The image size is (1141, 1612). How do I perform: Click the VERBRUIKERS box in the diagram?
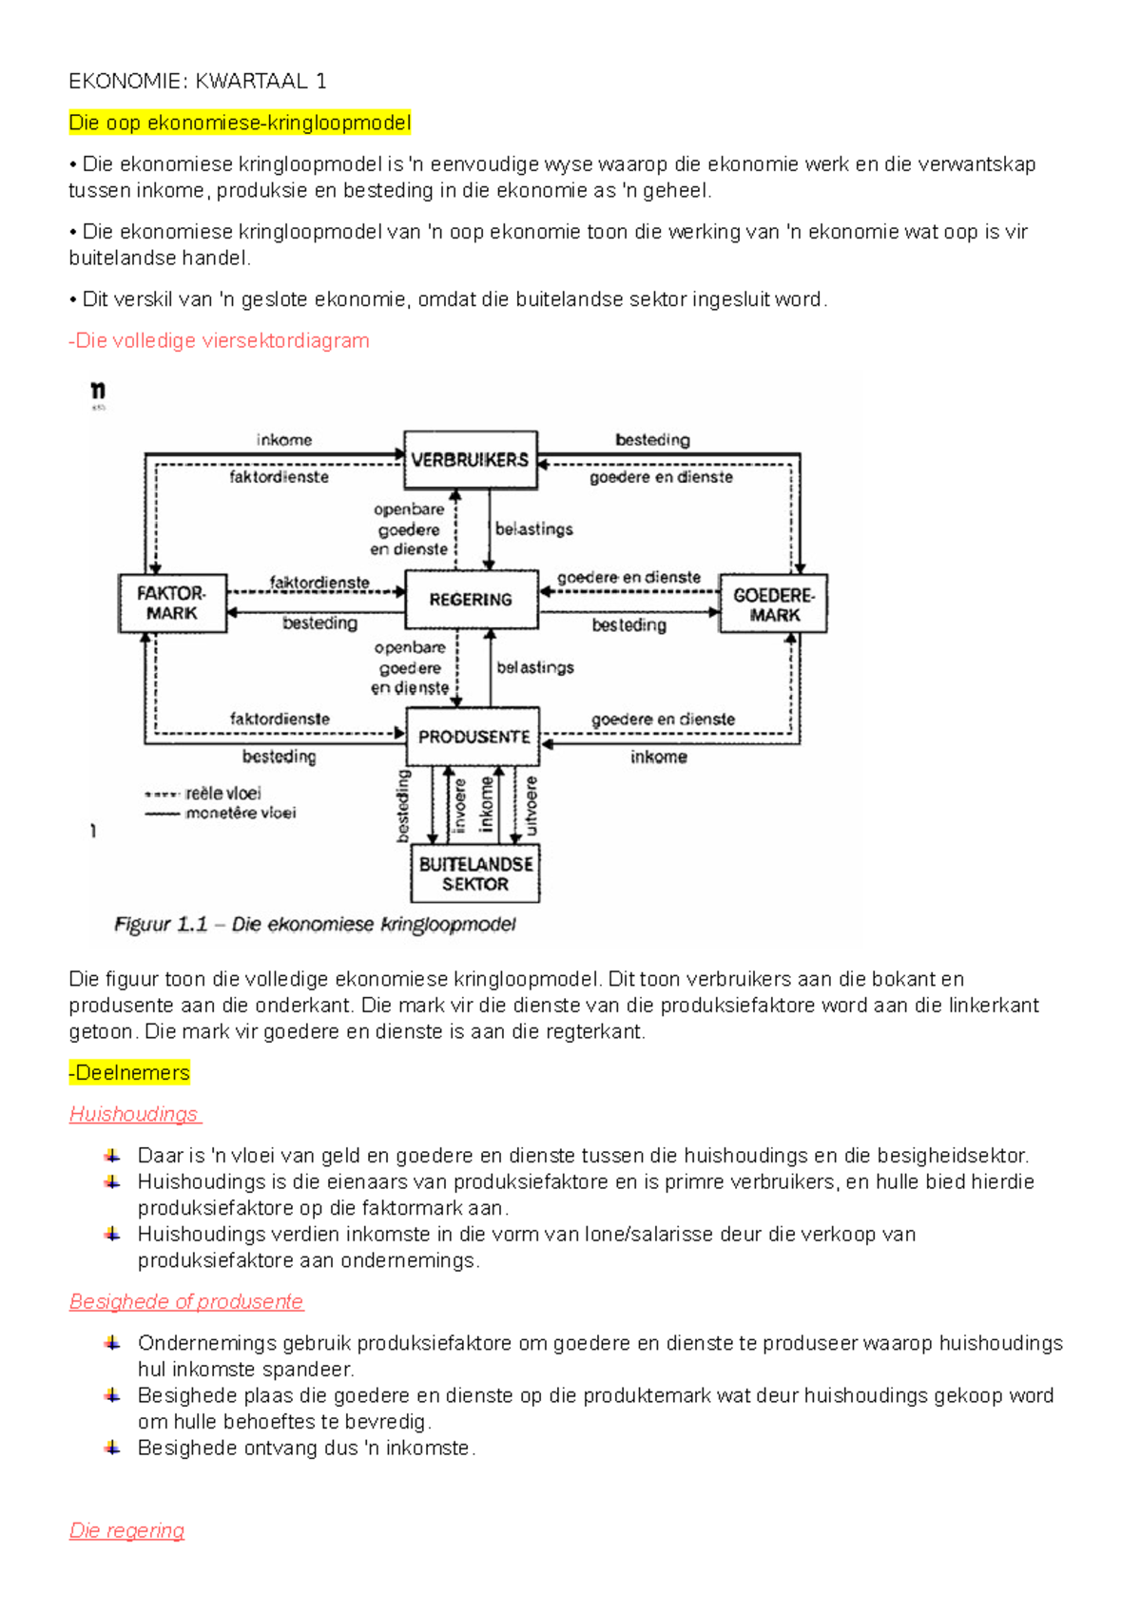470,460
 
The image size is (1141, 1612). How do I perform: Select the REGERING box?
471,600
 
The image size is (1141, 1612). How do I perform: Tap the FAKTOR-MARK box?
172,604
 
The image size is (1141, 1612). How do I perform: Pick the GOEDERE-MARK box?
773,604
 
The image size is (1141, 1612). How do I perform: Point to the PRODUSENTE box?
473,737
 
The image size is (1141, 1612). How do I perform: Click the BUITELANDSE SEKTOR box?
475,873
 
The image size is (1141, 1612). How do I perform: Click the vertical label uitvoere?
531,806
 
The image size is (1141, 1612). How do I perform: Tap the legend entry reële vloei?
222,793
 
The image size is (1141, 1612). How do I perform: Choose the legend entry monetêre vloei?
240,813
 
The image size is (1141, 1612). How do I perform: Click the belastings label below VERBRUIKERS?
534,529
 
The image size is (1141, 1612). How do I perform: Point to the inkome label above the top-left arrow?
283,440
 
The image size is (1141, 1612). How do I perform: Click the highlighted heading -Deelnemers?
129,1073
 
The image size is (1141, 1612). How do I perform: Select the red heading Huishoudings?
134,1114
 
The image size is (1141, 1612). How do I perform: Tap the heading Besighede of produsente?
186,1301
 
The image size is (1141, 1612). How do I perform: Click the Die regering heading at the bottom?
126,1530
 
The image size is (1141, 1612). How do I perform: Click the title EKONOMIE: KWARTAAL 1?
198,82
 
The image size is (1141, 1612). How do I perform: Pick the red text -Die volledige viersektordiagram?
220,340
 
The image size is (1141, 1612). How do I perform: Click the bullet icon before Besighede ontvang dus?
112,1448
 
